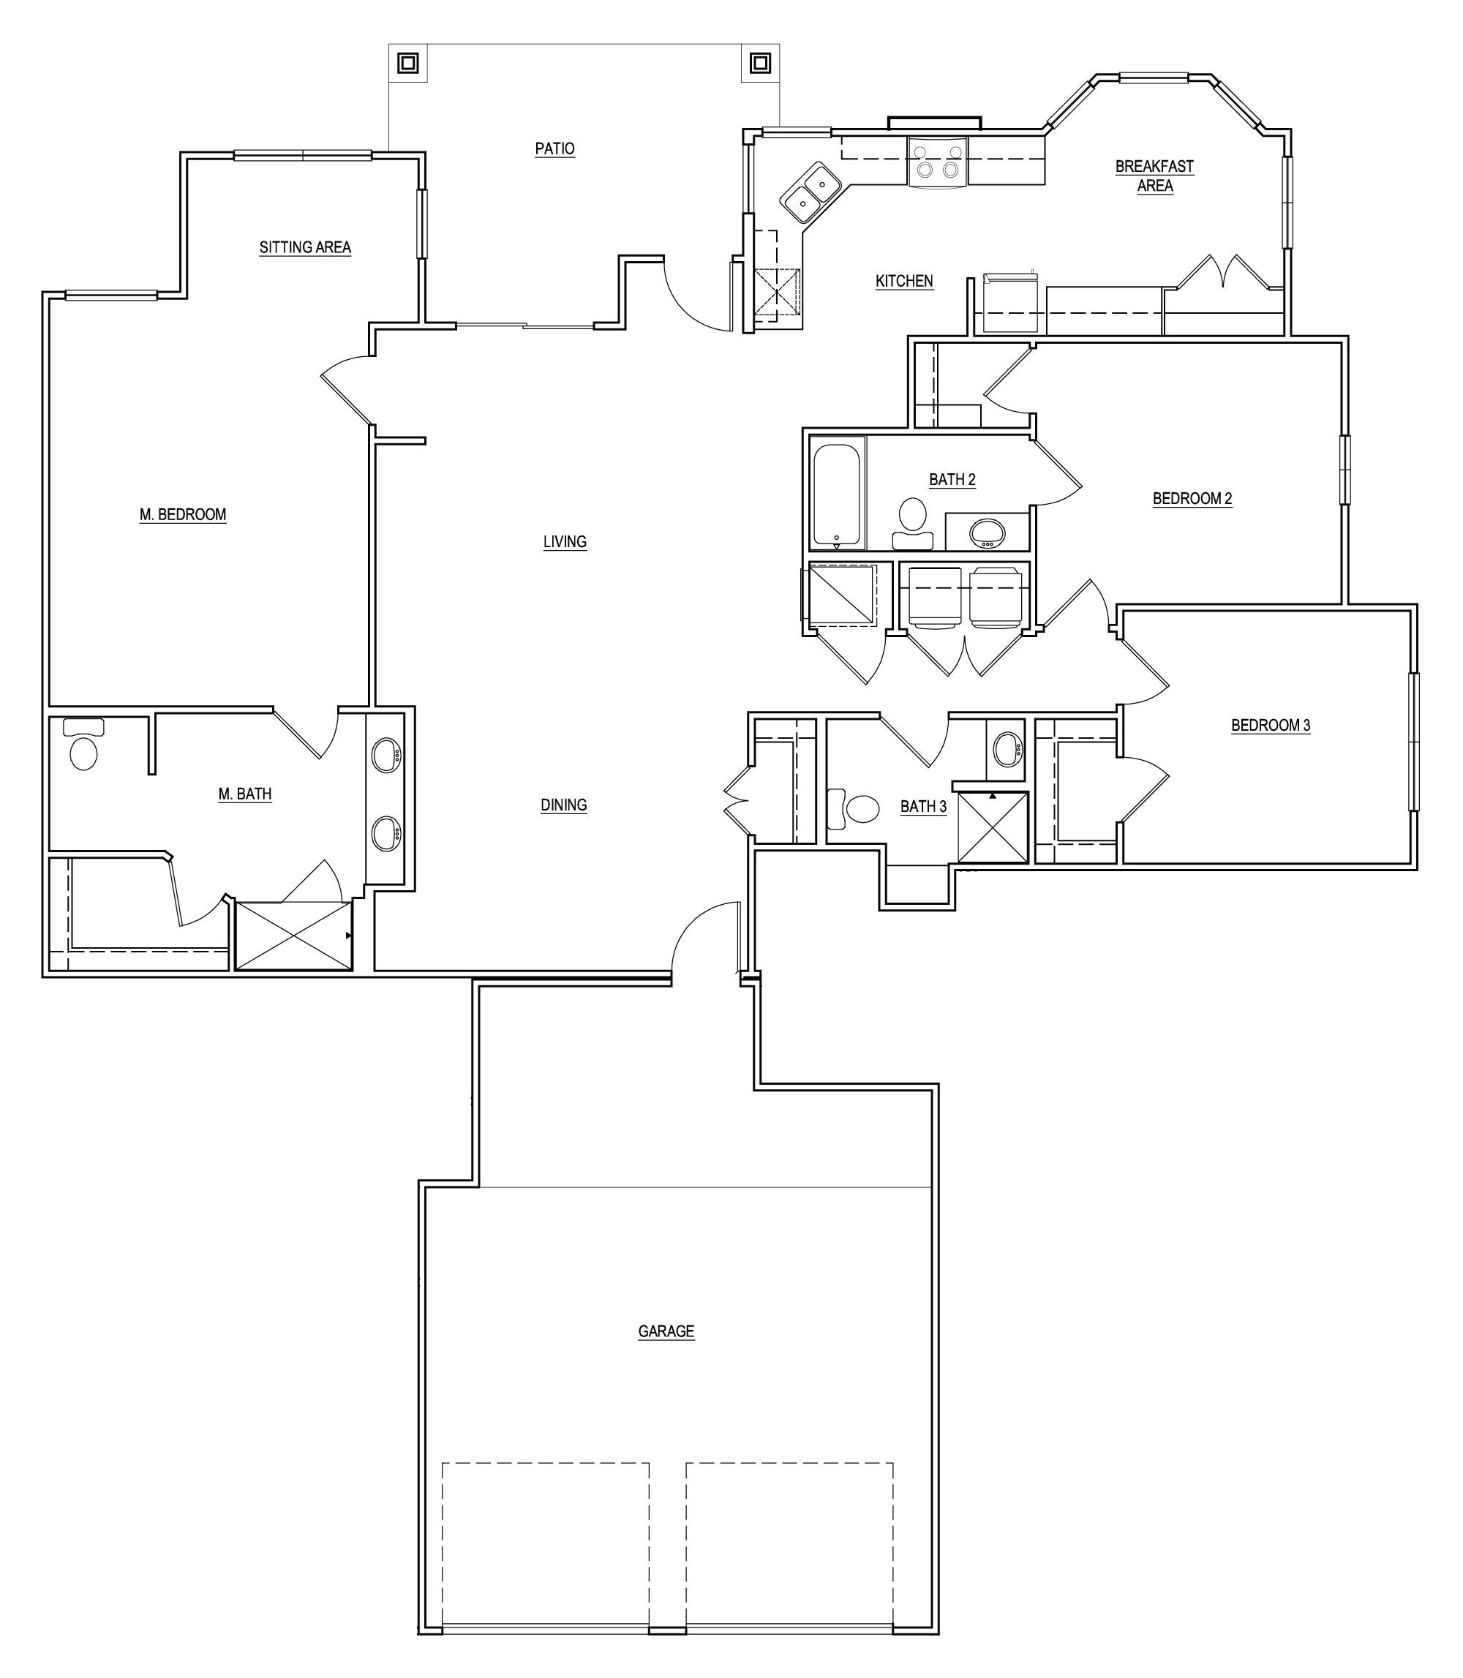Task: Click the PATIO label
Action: click(x=554, y=148)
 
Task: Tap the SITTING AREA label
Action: click(x=304, y=247)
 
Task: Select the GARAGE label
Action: click(x=666, y=1331)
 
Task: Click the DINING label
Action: click(x=563, y=805)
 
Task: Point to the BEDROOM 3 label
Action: click(x=1271, y=725)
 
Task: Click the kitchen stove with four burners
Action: click(x=937, y=161)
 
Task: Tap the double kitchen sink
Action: click(x=810, y=192)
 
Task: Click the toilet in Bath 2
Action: click(x=912, y=522)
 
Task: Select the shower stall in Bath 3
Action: click(x=992, y=827)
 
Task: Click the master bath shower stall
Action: click(x=293, y=936)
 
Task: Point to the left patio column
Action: click(x=408, y=63)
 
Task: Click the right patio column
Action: click(x=760, y=63)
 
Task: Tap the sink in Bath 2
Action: click(x=988, y=533)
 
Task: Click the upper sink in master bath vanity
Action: click(x=386, y=756)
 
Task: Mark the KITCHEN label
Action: click(x=903, y=281)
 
